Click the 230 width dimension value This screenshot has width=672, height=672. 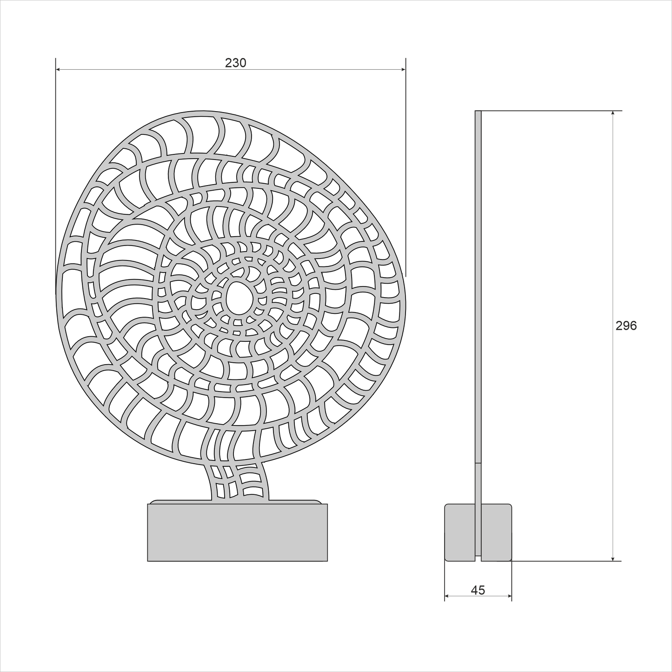click(235, 63)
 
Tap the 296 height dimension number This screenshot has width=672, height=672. click(626, 326)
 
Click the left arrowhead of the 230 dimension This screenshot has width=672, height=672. click(59, 69)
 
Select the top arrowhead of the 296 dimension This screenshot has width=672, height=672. click(613, 114)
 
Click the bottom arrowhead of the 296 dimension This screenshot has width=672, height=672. click(613, 558)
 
